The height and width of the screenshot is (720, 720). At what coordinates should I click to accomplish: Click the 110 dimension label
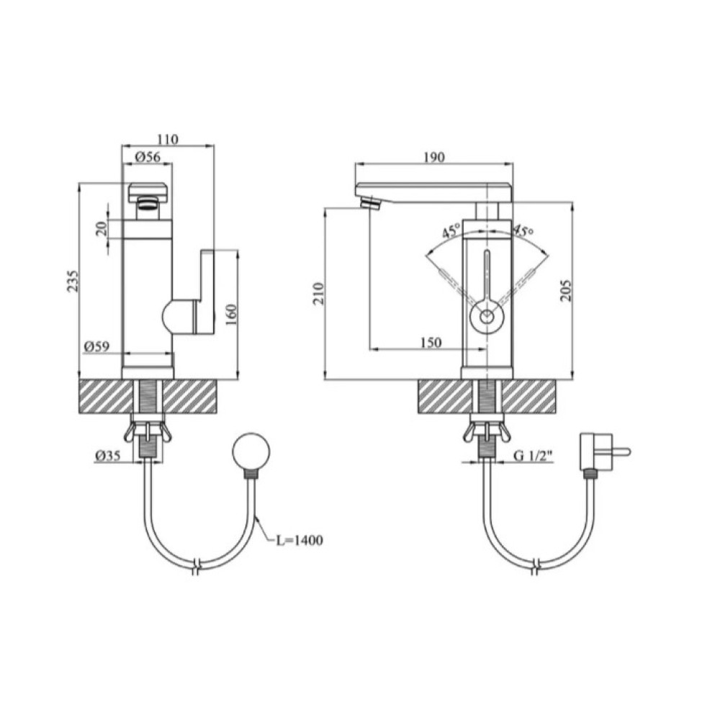168,139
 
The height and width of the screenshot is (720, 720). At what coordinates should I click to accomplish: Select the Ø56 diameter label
148,157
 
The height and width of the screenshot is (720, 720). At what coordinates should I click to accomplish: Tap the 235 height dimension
73,281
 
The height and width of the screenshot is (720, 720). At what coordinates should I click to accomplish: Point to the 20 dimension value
102,228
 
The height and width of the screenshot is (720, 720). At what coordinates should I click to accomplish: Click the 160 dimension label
231,315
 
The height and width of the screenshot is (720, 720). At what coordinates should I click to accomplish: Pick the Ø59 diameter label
97,346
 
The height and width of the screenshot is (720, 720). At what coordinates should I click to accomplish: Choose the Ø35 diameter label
108,455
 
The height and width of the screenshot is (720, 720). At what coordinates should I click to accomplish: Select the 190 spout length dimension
434,157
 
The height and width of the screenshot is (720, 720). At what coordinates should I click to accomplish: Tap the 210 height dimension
318,294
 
